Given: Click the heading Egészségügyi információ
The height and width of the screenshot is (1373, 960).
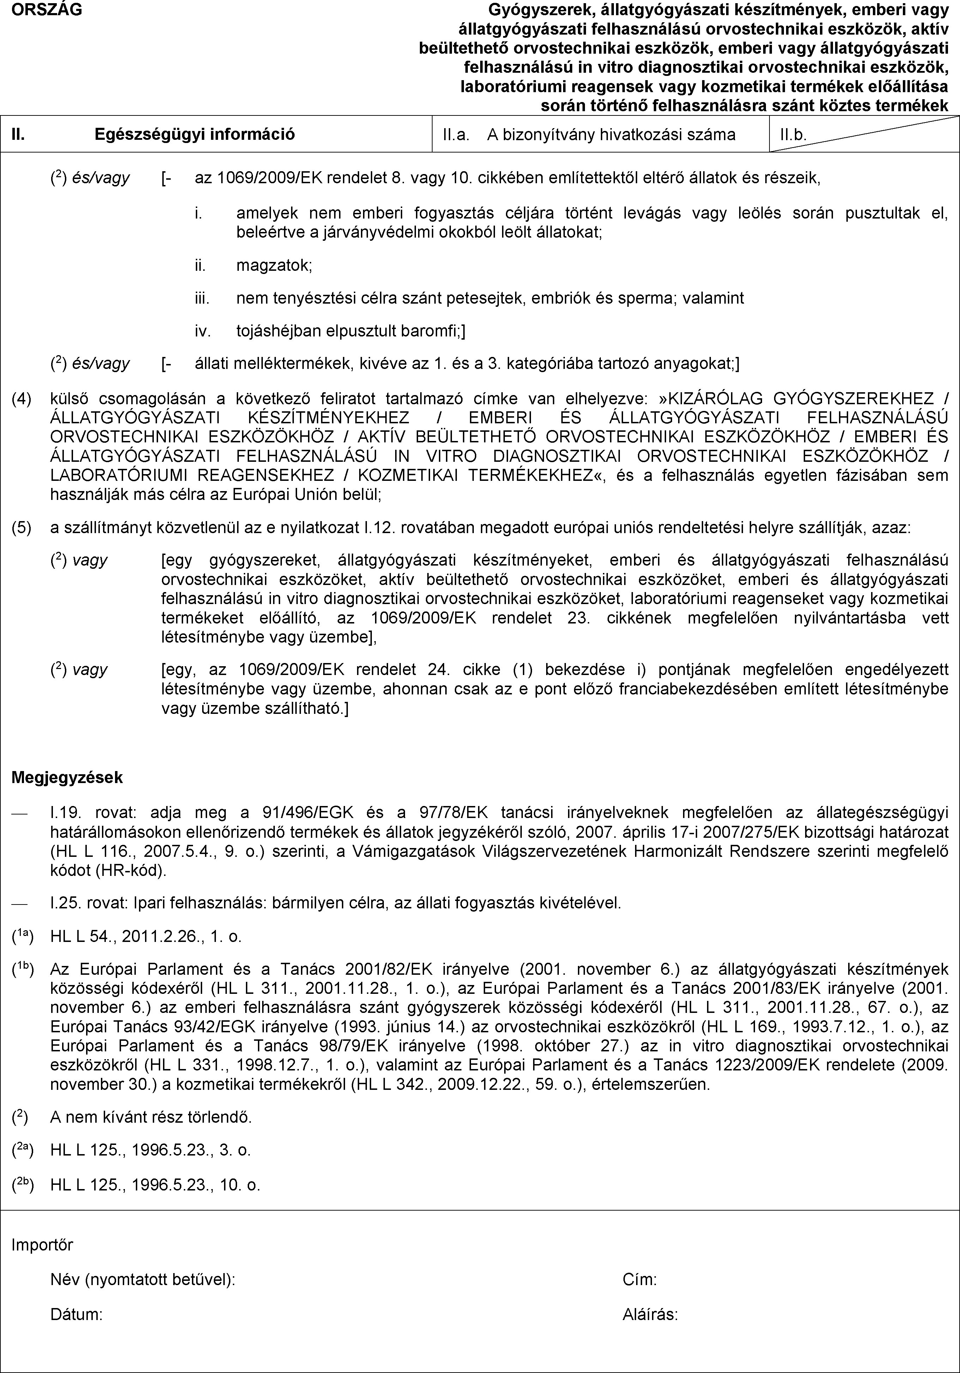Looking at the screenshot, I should click(195, 134).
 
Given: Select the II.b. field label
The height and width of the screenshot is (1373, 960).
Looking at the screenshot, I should click(793, 135).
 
